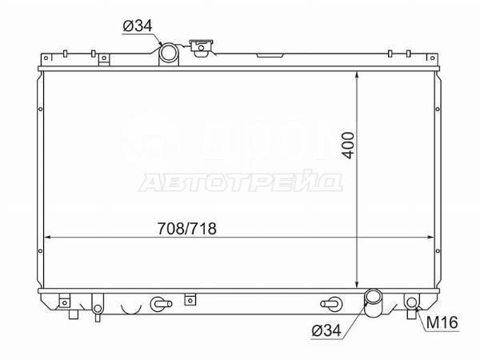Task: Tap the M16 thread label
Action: click(x=441, y=324)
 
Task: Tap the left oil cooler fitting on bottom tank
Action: click(x=159, y=304)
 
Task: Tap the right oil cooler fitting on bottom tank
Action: click(x=329, y=303)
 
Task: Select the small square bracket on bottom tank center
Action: click(x=189, y=301)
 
